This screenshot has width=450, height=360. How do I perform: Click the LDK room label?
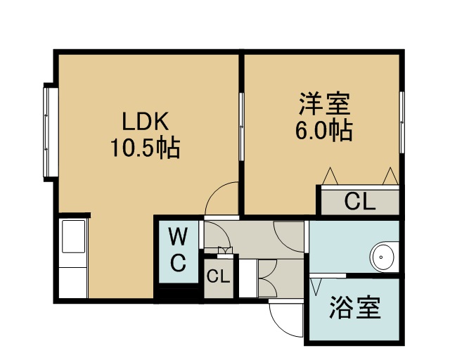[x=145, y=122]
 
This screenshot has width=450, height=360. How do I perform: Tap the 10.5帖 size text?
[x=146, y=148]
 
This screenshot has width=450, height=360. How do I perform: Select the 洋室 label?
[x=325, y=103]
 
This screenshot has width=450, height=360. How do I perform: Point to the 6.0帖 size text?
[x=324, y=130]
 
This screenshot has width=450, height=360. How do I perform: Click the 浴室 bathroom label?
[x=354, y=307]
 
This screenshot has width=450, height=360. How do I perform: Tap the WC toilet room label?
[x=178, y=249]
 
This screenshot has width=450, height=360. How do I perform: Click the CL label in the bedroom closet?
[x=360, y=202]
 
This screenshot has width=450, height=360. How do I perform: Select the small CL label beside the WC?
[x=219, y=277]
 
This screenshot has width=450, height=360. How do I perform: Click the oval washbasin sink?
[x=382, y=257]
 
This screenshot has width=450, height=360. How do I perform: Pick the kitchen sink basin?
[x=74, y=236]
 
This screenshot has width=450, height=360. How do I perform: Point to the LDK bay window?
[x=51, y=132]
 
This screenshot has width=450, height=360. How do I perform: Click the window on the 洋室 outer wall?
[x=401, y=122]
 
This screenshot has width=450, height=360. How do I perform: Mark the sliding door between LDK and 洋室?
[x=241, y=127]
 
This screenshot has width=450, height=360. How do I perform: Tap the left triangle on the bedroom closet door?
[x=330, y=176]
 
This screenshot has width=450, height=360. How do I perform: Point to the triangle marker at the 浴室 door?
[x=315, y=287]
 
